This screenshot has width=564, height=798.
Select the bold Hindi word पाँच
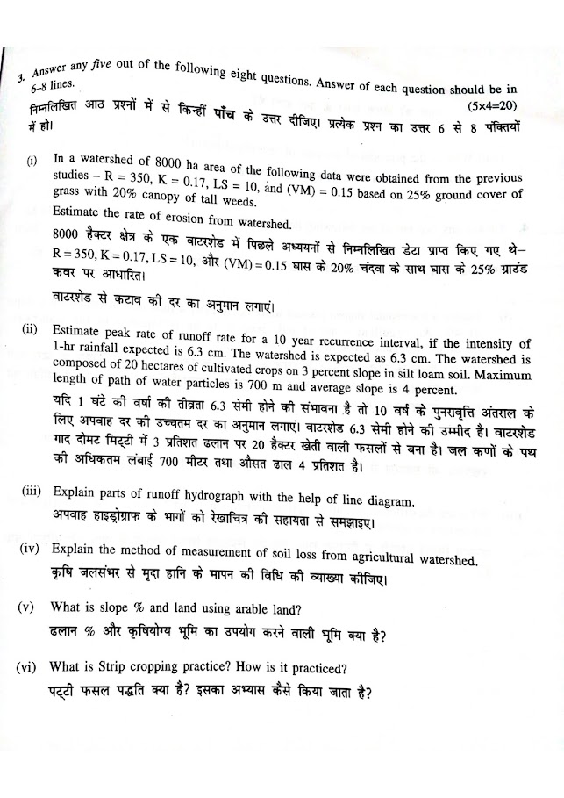click(229, 117)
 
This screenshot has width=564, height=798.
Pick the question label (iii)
click(35, 492)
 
